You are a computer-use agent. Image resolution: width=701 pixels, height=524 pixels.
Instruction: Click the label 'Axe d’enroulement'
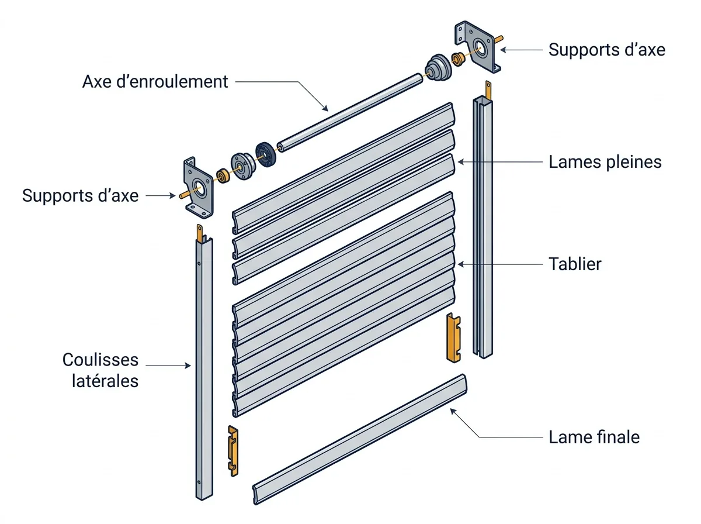[155, 81]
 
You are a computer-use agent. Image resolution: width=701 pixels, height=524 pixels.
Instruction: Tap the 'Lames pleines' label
[605, 162]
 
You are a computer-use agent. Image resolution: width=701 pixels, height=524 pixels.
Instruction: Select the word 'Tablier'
[575, 264]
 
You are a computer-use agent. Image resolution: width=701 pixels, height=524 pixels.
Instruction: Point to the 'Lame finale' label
[594, 437]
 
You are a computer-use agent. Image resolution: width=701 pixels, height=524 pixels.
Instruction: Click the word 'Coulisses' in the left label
[100, 360]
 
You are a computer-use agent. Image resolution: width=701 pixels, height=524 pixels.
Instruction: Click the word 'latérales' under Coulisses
[105, 381]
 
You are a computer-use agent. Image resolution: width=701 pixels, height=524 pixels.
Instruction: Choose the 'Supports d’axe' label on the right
[607, 50]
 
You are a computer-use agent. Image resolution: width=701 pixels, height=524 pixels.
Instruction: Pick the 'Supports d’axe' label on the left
[80, 196]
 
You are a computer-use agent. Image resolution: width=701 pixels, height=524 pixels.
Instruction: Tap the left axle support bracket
[198, 188]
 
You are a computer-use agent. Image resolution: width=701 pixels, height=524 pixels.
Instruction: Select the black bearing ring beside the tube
[266, 154]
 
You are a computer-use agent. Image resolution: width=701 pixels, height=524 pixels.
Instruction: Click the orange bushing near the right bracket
[458, 59]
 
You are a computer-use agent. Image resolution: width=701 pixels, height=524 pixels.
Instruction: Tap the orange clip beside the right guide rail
[453, 337]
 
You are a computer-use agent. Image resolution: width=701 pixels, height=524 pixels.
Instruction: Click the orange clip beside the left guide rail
[233, 451]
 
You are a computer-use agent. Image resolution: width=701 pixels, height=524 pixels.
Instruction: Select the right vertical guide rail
[483, 227]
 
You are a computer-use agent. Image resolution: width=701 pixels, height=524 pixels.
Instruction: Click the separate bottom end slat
[360, 439]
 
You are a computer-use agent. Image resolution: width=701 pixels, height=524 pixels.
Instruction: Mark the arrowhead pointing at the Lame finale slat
[453, 411]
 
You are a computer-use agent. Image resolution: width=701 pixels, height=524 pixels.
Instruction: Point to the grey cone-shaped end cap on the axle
[438, 68]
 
